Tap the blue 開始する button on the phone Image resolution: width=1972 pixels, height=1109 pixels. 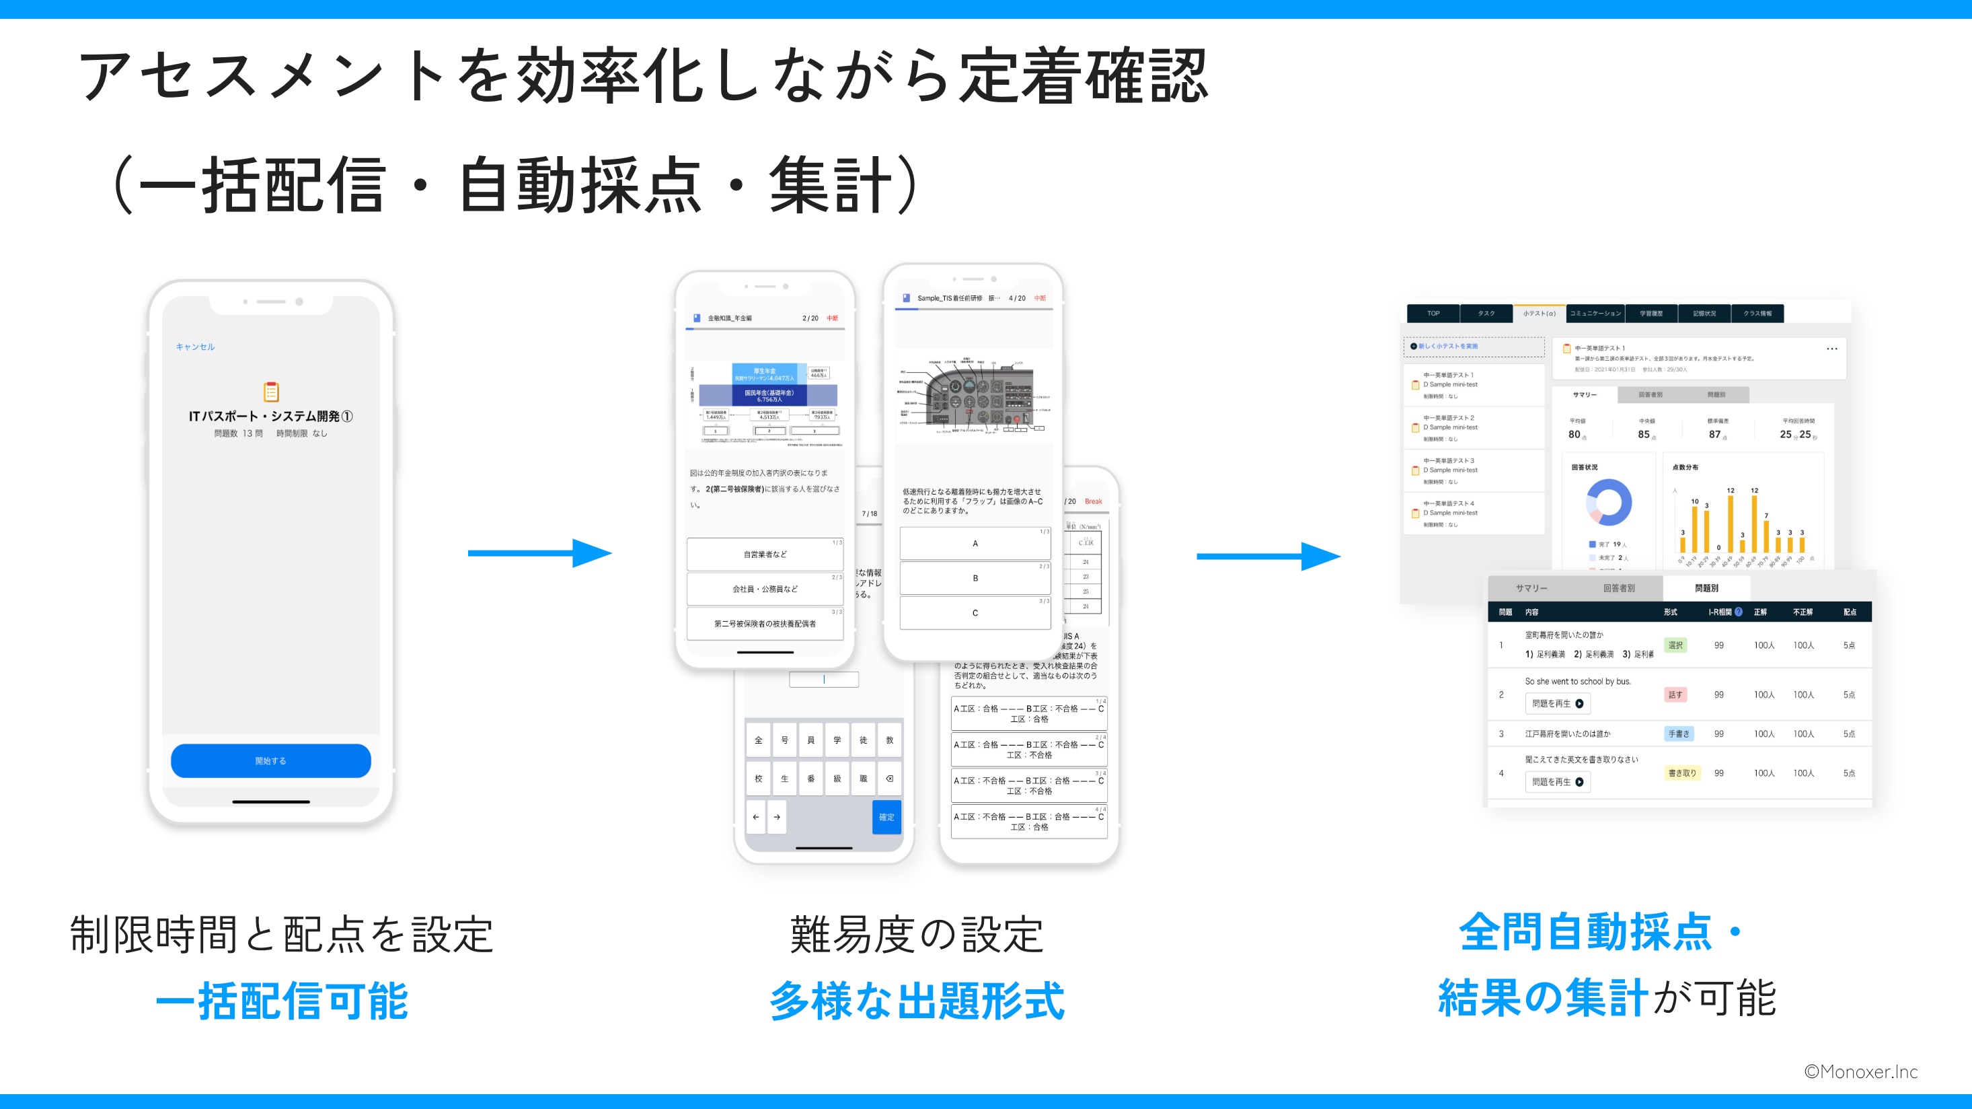tap(270, 760)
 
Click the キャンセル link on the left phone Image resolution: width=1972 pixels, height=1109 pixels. tap(195, 347)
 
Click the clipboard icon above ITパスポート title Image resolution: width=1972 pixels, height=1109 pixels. tap(271, 392)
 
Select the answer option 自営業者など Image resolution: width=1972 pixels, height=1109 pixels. tap(765, 554)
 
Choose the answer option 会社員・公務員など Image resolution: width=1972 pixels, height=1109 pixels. tap(765, 589)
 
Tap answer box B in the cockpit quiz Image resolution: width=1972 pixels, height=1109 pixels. tap(975, 578)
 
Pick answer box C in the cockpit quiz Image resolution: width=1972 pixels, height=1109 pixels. tap(975, 612)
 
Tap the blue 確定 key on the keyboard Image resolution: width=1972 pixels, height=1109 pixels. tap(886, 817)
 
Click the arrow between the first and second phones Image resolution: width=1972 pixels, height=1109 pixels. tap(539, 553)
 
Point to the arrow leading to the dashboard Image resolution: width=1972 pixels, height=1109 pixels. tap(1268, 556)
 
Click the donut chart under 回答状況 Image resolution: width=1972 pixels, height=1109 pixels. tap(1608, 503)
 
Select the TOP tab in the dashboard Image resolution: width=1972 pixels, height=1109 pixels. tap(1433, 313)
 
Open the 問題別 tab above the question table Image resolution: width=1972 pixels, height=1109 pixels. tap(1706, 588)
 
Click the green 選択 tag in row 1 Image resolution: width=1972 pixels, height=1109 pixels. tap(1675, 645)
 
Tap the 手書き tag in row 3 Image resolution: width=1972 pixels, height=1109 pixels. tap(1678, 734)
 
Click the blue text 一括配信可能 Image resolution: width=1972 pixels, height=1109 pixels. tap(282, 1001)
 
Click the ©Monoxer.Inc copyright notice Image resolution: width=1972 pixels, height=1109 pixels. tap(1860, 1072)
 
